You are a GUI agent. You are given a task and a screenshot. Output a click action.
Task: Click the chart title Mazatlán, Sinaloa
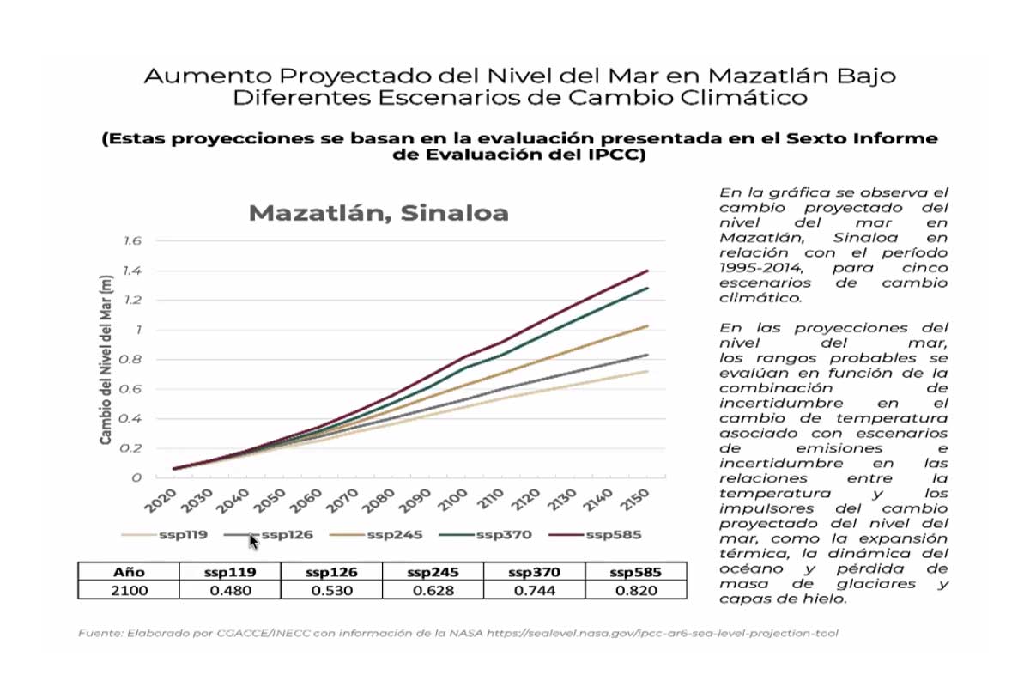[379, 213]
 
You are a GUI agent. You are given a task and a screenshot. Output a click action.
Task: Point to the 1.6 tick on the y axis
[131, 241]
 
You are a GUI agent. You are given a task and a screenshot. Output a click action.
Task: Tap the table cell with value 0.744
[534, 590]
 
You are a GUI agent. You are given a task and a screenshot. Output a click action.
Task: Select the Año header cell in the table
[129, 572]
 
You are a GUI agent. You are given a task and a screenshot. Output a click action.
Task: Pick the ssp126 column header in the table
[331, 572]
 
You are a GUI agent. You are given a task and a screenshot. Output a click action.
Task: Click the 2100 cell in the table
[129, 590]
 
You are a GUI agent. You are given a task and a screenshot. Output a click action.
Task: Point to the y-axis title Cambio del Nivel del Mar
[106, 360]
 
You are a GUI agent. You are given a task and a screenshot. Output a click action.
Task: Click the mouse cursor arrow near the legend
[253, 541]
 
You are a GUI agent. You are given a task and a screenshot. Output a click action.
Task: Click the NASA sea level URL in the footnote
[662, 633]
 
